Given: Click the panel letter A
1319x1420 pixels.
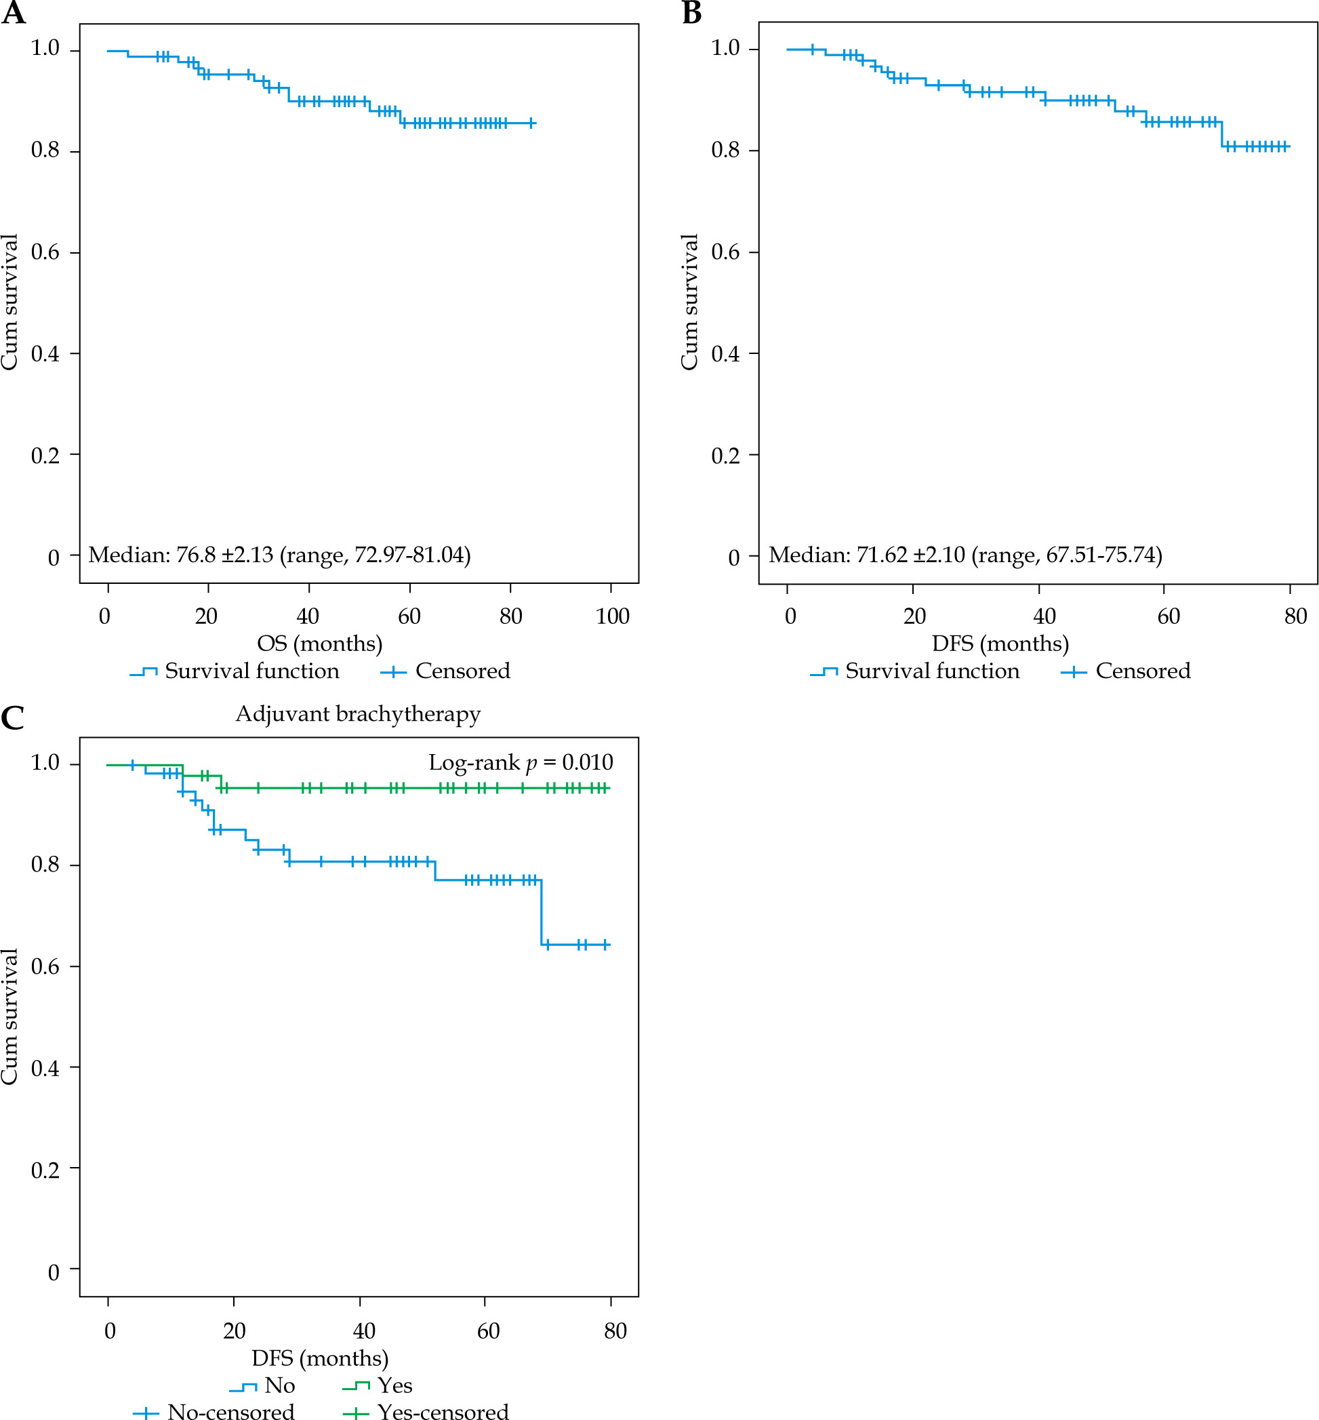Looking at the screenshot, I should pos(13,13).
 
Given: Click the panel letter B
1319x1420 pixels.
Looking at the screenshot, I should pos(691,13).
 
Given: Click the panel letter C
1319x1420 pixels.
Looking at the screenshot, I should pos(13,718).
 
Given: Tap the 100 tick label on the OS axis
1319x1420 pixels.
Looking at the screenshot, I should pos(613,616).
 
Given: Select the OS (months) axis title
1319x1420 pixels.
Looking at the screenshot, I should pos(320,644).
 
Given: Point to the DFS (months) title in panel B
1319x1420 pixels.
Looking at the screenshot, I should pos(1000,644).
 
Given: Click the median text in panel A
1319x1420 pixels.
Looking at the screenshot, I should pos(279,555).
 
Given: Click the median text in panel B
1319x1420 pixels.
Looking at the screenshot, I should pos(965,555).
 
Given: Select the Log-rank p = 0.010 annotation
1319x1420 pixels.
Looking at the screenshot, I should pos(521,762).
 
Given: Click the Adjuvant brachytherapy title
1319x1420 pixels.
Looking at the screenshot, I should pos(358,714).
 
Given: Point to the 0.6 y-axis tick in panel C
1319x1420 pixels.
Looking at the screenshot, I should pos(45,966).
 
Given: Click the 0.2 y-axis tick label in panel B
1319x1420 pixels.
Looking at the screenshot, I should pos(725,456).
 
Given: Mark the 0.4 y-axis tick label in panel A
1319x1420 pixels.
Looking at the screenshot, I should pos(45,354).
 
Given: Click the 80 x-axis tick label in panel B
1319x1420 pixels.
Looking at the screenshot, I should pos(1295,616).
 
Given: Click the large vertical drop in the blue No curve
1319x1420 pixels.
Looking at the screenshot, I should pos(542,912).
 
